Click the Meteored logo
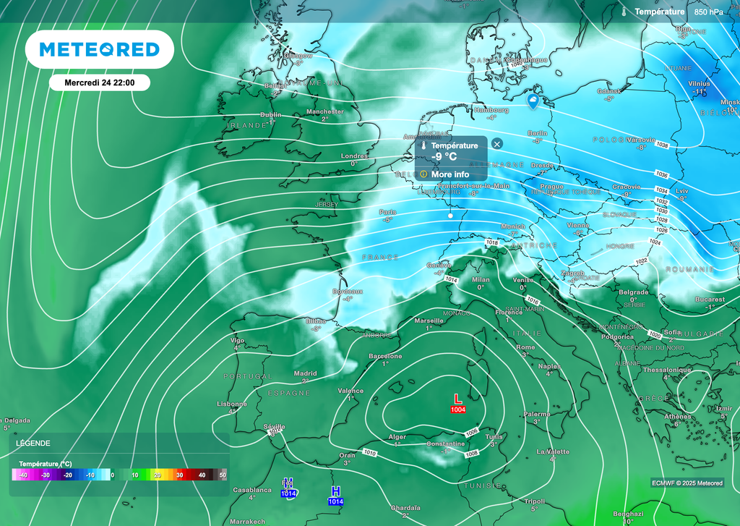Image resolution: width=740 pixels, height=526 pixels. click(99, 49)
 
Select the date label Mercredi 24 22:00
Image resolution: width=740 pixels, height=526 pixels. click(99, 83)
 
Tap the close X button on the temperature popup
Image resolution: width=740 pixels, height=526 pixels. click(497, 144)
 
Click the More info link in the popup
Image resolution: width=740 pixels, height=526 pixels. click(449, 174)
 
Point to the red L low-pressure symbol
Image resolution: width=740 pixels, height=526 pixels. click(457, 399)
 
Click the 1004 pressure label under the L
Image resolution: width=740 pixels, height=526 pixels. click(457, 410)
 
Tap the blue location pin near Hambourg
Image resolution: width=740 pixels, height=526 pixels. click(533, 102)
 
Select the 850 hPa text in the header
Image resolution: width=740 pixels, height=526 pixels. click(708, 12)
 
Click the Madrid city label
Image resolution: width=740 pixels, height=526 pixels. click(305, 373)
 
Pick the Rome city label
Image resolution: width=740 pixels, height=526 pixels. click(526, 347)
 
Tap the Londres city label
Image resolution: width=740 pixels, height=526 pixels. click(354, 156)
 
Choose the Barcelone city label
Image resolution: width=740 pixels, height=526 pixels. click(385, 356)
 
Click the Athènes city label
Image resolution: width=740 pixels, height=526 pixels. click(677, 416)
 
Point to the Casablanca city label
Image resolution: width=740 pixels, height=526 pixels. click(251, 490)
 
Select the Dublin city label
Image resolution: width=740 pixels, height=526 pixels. click(271, 114)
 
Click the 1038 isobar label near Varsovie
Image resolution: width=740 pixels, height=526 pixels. click(662, 145)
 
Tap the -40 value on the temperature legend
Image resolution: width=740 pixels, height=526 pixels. click(24, 475)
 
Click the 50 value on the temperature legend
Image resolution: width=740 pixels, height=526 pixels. click(223, 475)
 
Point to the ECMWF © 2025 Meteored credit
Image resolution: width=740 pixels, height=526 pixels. click(687, 483)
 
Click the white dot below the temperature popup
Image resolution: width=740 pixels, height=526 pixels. click(450, 216)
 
